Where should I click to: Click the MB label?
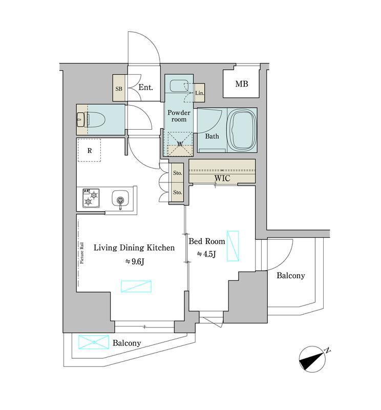point(242,84)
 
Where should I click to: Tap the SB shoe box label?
point(119,89)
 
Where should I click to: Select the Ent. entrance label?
point(145,87)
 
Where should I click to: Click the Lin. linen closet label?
point(200,93)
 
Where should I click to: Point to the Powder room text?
point(179,116)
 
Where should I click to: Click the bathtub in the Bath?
point(243,130)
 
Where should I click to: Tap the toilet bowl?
point(96,119)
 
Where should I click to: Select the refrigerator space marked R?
point(90,150)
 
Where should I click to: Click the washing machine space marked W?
point(180,144)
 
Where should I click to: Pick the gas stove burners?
point(91,198)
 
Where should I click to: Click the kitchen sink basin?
point(120,198)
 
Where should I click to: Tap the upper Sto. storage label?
point(177,173)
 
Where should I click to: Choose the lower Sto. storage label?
point(177,193)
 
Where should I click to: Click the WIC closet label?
point(222,178)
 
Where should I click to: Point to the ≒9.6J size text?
point(135,261)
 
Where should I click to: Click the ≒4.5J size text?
point(206,254)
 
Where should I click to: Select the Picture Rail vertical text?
point(82,253)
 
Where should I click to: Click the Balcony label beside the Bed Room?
point(290,276)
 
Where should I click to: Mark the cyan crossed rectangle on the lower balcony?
point(94,342)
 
